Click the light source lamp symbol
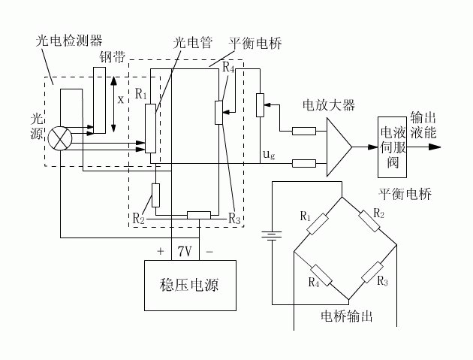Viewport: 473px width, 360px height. (x=60, y=138)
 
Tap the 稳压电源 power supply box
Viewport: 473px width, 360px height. (x=190, y=286)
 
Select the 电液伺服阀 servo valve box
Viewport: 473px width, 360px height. (x=392, y=147)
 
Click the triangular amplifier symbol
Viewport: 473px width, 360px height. (x=339, y=147)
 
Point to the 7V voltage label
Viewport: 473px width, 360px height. (x=185, y=251)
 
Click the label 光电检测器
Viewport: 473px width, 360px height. (x=69, y=41)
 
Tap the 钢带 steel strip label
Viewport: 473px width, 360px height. (x=112, y=56)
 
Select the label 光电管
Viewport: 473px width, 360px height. (x=193, y=43)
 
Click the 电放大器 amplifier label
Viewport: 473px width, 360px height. (x=329, y=105)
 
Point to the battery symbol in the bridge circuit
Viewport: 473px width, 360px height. (x=272, y=235)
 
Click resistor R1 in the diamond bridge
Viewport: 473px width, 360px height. (x=318, y=224)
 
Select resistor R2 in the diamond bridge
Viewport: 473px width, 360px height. (x=369, y=221)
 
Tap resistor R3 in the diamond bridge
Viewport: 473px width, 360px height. (x=372, y=272)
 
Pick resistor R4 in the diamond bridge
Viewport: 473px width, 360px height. (x=321, y=275)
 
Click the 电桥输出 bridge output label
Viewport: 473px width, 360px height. (x=347, y=317)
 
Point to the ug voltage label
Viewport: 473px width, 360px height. (x=269, y=155)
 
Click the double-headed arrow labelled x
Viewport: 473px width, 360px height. (x=113, y=104)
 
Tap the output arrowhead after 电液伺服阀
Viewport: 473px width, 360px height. (x=435, y=147)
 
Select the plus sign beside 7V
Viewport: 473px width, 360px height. (x=161, y=251)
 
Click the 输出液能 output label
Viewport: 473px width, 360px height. (x=423, y=125)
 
